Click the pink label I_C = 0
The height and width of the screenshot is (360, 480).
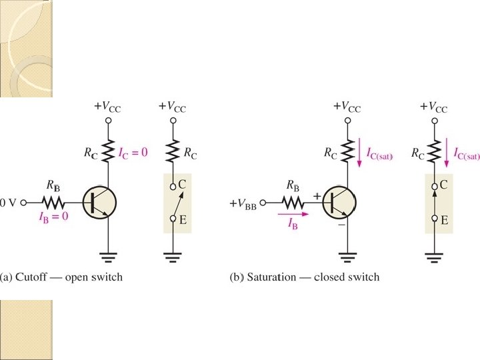(131, 152)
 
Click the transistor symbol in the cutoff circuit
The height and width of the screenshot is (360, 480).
(100, 201)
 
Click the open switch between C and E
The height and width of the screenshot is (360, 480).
(173, 201)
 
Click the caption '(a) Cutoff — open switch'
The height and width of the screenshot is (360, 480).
(62, 277)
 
